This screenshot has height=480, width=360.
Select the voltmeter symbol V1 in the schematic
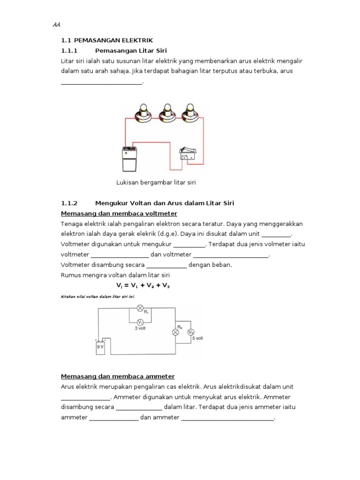coord(139,322)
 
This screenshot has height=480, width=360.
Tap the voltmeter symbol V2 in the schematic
coord(190,332)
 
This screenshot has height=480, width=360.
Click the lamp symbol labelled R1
coord(139,308)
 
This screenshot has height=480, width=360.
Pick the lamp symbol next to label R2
coord(176,332)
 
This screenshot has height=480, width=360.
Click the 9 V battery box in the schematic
coord(100,347)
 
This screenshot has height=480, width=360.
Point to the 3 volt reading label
coord(140,329)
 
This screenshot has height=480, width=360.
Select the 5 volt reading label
coord(197,337)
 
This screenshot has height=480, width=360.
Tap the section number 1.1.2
coord(71,203)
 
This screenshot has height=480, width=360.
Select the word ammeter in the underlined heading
coord(158,376)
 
